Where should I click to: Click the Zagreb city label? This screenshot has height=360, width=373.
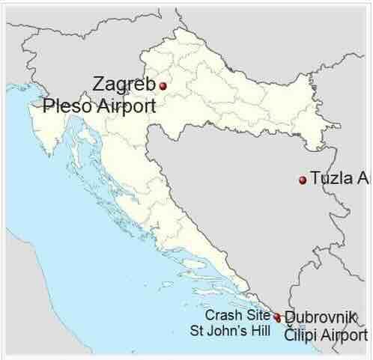pyautogui.click(x=124, y=83)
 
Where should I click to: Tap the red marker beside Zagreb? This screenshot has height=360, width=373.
pyautogui.click(x=163, y=86)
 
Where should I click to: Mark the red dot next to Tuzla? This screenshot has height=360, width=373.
pyautogui.click(x=303, y=180)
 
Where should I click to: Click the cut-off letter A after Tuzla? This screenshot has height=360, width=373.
pyautogui.click(x=365, y=179)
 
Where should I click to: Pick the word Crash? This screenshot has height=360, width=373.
pyautogui.click(x=223, y=314)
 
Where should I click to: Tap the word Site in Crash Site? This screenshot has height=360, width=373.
pyautogui.click(x=257, y=314)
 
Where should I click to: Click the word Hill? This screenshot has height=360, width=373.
pyautogui.click(x=259, y=330)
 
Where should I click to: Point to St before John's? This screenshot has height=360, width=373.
pyautogui.click(x=197, y=330)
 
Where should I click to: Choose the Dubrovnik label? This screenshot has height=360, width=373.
pyautogui.click(x=321, y=317)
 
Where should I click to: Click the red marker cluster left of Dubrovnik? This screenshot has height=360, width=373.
pyautogui.click(x=277, y=318)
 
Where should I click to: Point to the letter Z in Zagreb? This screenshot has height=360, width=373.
pyautogui.click(x=99, y=83)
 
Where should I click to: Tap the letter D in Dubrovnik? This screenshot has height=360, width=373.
pyautogui.click(x=291, y=317)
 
